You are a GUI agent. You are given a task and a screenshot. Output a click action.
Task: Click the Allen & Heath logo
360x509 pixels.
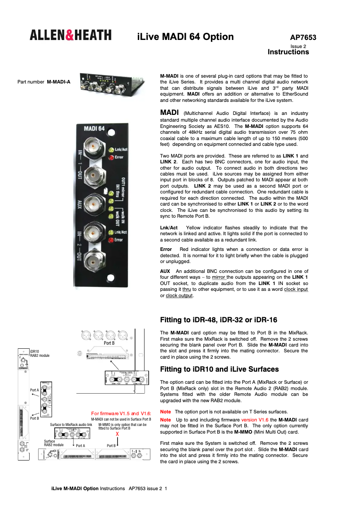point(70,35)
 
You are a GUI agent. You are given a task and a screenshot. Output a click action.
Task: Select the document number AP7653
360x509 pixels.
point(303,38)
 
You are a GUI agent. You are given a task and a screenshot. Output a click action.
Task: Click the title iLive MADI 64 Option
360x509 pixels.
point(185,37)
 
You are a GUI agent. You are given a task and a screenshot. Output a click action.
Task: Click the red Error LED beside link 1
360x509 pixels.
point(110,157)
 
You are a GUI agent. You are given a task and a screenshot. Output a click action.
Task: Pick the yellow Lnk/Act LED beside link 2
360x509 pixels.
point(110,232)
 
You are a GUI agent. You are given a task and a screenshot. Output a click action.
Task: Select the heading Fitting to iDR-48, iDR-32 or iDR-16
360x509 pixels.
point(219,320)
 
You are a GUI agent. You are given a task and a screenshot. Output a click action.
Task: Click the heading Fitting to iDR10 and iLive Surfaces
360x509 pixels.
point(220,369)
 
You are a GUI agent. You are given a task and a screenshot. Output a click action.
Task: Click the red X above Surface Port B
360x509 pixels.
point(117,434)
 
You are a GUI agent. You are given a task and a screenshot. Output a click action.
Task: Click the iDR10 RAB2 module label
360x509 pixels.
point(40,353)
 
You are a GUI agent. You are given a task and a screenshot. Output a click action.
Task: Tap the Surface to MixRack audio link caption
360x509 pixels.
point(71,424)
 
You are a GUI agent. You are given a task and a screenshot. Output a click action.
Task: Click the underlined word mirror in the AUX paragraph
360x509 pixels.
point(219,277)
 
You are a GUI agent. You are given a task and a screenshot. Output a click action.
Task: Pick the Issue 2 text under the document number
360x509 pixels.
point(298,46)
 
